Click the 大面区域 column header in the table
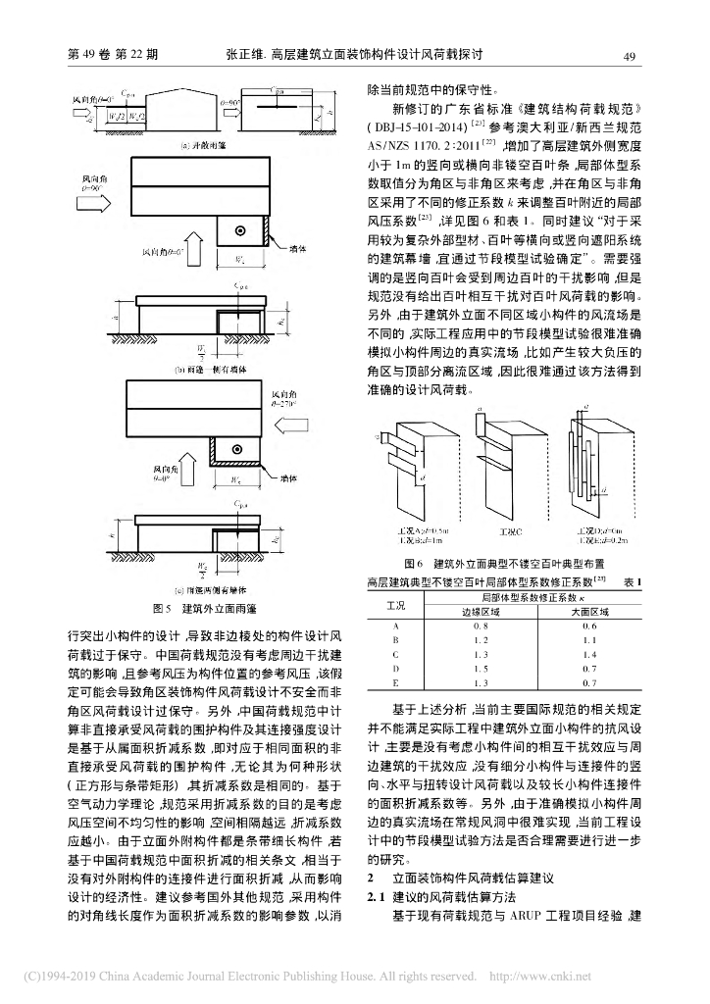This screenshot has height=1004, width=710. pyautogui.click(x=589, y=610)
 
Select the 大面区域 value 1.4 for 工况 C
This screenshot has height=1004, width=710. pyautogui.click(x=589, y=652)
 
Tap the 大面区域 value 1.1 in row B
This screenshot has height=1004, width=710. pyautogui.click(x=589, y=638)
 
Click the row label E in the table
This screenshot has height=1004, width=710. pyautogui.click(x=394, y=679)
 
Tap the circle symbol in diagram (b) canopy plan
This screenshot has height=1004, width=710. pyautogui.click(x=240, y=231)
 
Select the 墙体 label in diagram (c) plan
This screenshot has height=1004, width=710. pyautogui.click(x=287, y=480)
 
